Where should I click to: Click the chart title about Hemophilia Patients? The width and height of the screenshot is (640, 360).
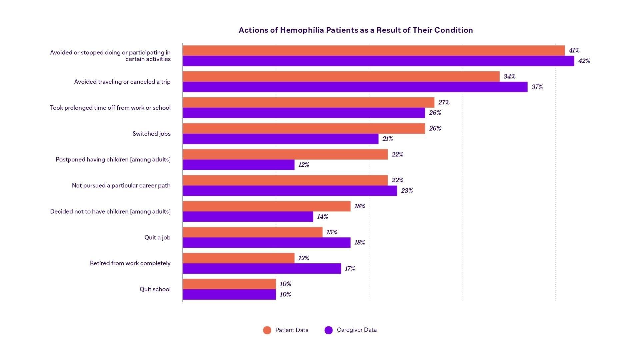click(x=356, y=30)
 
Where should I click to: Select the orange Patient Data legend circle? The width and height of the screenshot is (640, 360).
click(x=267, y=330)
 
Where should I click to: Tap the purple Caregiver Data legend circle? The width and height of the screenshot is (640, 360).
click(x=328, y=330)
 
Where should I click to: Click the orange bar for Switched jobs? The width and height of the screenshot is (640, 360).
click(x=304, y=129)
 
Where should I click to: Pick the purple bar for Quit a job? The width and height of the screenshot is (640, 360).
click(x=266, y=243)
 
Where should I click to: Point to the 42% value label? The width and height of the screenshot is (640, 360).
click(x=584, y=61)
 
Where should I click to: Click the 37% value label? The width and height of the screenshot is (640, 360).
click(x=537, y=87)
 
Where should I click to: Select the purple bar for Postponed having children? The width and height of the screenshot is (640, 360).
click(x=238, y=165)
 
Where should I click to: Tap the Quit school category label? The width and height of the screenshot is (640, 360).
click(x=155, y=289)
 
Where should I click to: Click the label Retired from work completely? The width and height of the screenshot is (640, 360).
click(x=130, y=263)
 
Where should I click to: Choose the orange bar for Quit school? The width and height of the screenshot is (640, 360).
click(x=229, y=284)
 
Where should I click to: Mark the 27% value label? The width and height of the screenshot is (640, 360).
click(x=444, y=102)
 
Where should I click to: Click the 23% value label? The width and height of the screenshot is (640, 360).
click(x=407, y=191)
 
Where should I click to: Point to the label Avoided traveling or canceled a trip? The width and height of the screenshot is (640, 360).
click(x=122, y=82)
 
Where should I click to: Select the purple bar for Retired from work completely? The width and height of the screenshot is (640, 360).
click(x=262, y=269)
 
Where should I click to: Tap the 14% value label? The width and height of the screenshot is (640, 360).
click(x=322, y=217)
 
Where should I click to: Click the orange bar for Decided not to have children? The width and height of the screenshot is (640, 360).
click(x=266, y=206)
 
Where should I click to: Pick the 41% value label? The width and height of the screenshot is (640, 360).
click(x=574, y=51)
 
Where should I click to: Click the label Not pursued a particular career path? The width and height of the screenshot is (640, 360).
click(x=121, y=185)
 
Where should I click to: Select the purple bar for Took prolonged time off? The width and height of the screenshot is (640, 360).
click(x=304, y=113)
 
